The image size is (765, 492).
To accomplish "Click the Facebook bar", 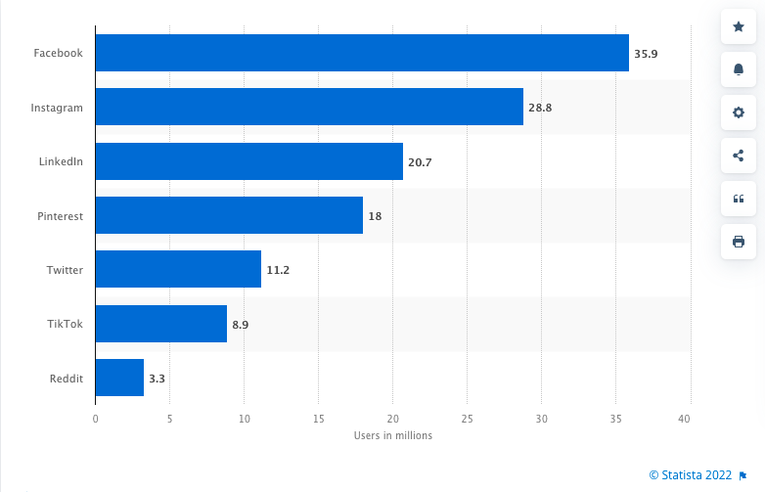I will tap(362, 53).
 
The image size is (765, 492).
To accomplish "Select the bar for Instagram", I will tap(309, 107).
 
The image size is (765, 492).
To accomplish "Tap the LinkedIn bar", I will tap(248, 160).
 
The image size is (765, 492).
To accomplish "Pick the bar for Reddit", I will tap(119, 377).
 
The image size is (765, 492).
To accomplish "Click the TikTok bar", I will tap(160, 323).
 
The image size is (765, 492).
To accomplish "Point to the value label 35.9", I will tap(646, 54).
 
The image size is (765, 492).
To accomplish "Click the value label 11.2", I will tap(278, 269).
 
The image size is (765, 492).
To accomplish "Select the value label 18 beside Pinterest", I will tap(375, 215).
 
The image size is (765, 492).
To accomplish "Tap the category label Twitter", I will tap(65, 269).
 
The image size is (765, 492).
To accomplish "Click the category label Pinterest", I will tap(60, 215).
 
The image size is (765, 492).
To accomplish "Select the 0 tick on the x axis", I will tap(95, 419).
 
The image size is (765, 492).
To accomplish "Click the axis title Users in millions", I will tap(392, 436).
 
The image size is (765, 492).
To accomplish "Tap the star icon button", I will tap(739, 25).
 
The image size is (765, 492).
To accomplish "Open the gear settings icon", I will tap(739, 112).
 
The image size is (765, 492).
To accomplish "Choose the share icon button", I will tap(739, 155).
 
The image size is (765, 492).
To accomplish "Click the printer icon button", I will tap(739, 241).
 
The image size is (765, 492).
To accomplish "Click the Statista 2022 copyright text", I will tap(690, 475).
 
